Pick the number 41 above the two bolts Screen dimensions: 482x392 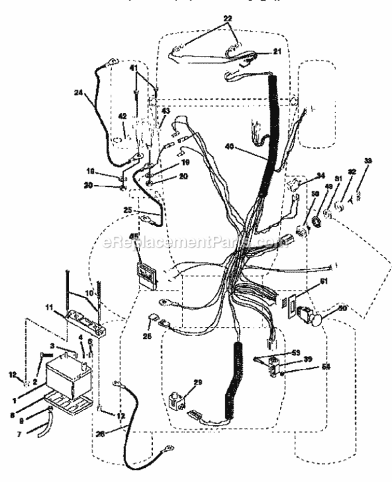[133, 67]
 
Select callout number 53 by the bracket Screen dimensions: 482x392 [296, 352]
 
